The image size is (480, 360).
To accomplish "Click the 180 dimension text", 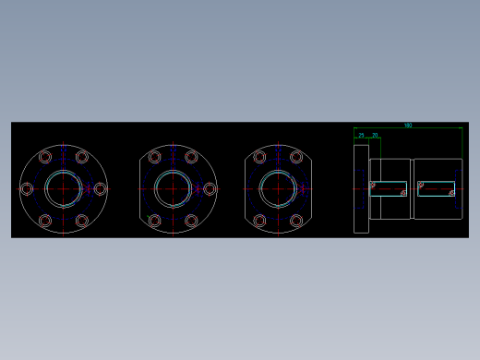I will point(407,126).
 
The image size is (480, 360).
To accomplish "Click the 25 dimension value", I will point(361,136).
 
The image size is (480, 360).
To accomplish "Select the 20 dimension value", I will point(375,136).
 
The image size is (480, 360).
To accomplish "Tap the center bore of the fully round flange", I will point(64,189).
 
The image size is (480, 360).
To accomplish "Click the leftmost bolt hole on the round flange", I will point(27,189).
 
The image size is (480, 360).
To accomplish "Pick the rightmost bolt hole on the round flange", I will point(100,189).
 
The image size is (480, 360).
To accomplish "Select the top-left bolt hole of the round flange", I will point(45,157).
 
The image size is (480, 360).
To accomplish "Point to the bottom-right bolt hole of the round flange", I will point(82,221).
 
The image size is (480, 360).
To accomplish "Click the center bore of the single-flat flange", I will point(173,189).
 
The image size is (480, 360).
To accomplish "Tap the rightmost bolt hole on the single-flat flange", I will point(210,189).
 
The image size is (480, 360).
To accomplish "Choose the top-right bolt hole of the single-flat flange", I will point(191,157).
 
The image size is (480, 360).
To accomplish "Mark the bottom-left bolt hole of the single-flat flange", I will point(155,221).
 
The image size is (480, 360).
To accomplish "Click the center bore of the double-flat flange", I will point(278,189).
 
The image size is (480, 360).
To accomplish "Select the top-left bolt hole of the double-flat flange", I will point(259,157).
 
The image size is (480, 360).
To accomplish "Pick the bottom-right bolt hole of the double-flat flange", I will point(296,221).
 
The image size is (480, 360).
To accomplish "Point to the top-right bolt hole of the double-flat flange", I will point(296,157).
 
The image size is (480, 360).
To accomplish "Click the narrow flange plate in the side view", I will point(361,189).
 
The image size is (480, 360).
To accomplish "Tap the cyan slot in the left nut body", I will point(389,189).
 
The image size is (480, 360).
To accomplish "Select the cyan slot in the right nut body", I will point(436,189).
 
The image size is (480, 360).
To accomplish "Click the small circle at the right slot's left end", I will point(421,185).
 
